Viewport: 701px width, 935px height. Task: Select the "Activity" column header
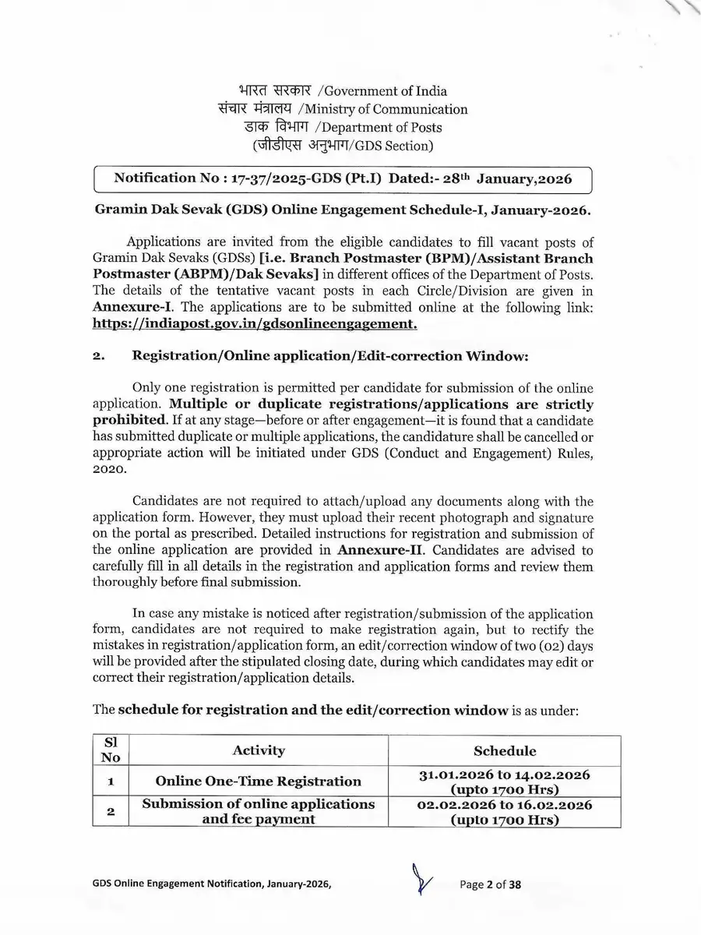(259, 750)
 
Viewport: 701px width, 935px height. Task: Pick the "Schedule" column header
(505, 750)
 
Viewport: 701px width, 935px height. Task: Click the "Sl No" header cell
(110, 750)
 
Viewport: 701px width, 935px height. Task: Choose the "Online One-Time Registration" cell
(259, 781)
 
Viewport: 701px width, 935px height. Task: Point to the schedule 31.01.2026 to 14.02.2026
(505, 774)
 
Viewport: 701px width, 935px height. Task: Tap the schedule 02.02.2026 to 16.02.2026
(505, 805)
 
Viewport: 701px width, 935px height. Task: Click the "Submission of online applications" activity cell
(259, 804)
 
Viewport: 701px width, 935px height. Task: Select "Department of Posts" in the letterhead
(382, 127)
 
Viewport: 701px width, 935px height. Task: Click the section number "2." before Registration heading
(99, 356)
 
